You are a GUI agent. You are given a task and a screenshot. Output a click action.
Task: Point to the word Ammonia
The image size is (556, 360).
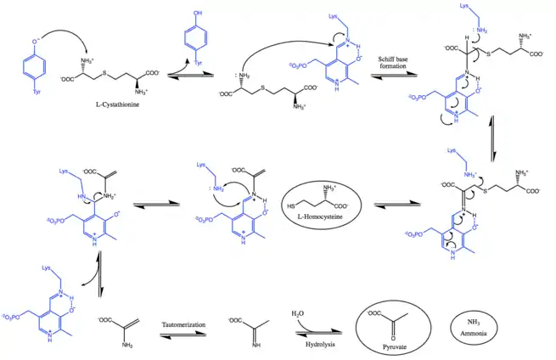469,333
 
